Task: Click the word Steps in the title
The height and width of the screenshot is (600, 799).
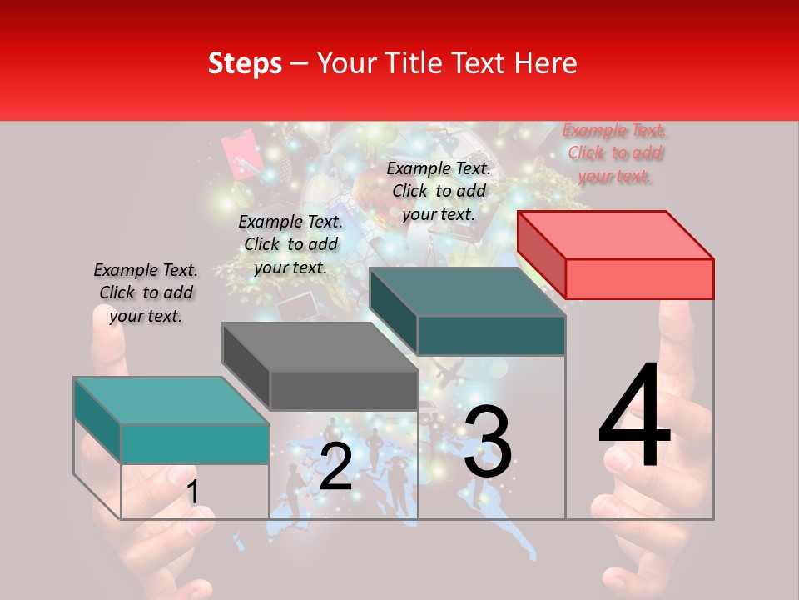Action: coord(245,63)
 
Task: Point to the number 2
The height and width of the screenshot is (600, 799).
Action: coord(335,467)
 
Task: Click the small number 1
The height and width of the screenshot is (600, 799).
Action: coord(192,492)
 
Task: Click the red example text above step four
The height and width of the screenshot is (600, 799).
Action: coord(615,152)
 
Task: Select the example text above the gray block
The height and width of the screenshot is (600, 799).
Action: coord(290,244)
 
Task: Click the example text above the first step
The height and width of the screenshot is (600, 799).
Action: coord(146,292)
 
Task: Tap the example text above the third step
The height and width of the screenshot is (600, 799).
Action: coord(439,191)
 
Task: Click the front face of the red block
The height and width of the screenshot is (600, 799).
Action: coord(639,278)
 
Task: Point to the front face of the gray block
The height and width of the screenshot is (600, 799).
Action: coord(344,390)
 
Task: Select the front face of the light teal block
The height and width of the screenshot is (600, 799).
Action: coord(195,443)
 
